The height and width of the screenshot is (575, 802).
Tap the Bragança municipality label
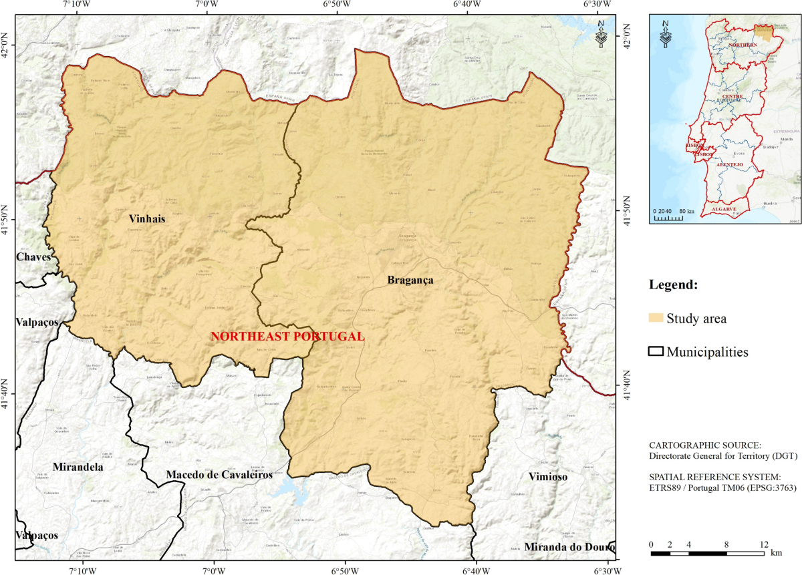coord(410,280)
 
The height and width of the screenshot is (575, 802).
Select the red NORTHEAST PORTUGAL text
coord(287,337)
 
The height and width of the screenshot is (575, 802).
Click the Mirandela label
coord(78,467)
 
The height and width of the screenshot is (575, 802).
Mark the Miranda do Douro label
coord(570,548)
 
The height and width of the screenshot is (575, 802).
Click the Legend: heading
coord(673,285)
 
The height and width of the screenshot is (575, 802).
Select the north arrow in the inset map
coord(665,35)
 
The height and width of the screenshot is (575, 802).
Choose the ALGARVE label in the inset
coord(724,209)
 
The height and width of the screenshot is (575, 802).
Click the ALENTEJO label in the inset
coord(729,164)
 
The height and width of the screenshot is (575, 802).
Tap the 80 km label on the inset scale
coord(686,211)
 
